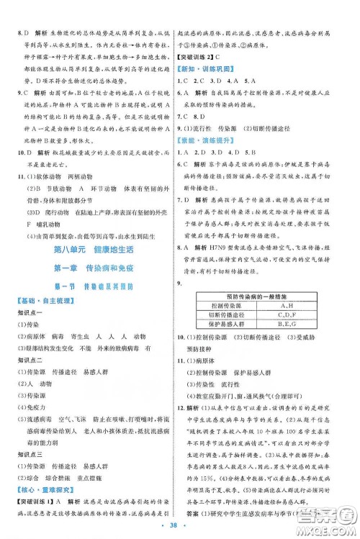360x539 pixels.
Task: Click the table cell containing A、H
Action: point(287,285)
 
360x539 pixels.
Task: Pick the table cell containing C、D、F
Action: point(287,295)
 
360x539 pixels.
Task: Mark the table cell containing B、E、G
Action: point(287,305)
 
